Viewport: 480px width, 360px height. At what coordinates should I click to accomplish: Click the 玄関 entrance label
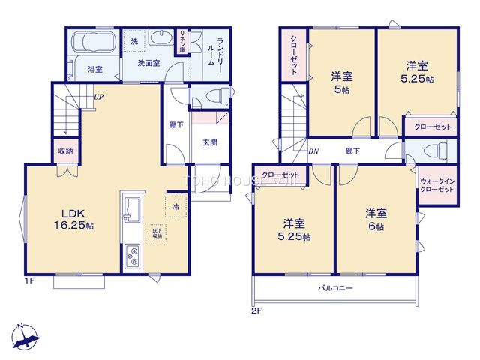click(x=209, y=142)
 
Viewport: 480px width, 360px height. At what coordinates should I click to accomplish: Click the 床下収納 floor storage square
click(x=157, y=232)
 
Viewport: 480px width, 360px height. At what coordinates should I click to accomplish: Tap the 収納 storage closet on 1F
click(x=65, y=151)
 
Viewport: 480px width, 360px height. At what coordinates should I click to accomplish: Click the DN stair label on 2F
click(x=313, y=152)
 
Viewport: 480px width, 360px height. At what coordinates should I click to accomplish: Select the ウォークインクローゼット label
click(x=436, y=186)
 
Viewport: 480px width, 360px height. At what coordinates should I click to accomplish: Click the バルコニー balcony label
click(x=334, y=288)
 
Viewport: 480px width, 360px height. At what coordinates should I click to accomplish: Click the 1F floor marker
click(x=29, y=282)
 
